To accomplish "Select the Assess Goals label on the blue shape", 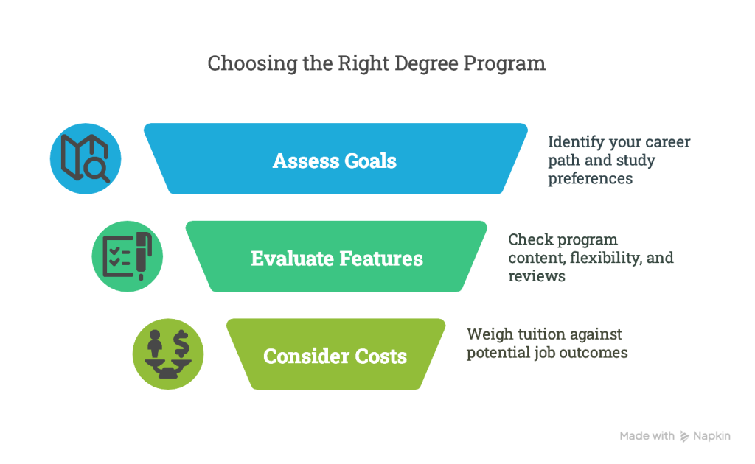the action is tap(335, 161).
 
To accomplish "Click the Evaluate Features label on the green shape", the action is tap(337, 259).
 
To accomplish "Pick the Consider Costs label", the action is tap(335, 356).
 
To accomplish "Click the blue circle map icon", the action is tap(86, 158).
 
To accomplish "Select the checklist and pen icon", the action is tap(128, 256).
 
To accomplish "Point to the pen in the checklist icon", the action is tap(143, 256).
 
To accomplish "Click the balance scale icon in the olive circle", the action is tap(168, 354).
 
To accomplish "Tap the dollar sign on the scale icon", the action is tap(181, 342).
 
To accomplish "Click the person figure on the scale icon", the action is tap(155, 343).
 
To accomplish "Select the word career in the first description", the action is tap(667, 142).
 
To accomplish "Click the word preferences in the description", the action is tap(591, 179).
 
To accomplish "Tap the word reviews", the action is tap(537, 276).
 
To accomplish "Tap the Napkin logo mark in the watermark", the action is tap(683, 436).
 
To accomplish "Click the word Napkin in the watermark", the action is tap(711, 436).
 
